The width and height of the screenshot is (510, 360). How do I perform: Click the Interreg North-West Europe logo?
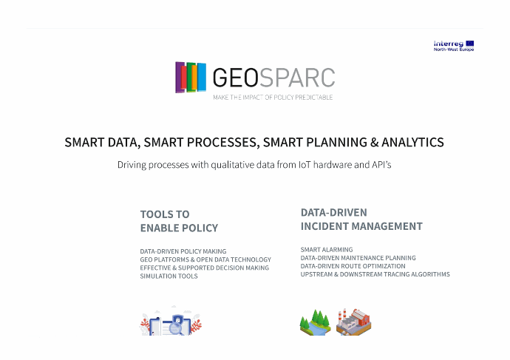pos(454,46)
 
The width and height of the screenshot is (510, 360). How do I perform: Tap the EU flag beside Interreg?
pos(469,44)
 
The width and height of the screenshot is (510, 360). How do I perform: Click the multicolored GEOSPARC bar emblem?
pos(191,78)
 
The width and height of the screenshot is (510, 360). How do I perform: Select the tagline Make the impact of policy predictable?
pos(273,98)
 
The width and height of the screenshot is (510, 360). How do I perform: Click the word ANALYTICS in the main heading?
pos(412,143)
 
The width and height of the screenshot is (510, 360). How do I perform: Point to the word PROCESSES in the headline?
pos(223,143)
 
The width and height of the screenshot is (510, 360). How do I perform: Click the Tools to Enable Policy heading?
pos(179,221)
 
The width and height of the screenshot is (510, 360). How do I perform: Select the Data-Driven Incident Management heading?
pos(361,220)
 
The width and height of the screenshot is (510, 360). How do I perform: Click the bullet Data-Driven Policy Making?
pos(183,251)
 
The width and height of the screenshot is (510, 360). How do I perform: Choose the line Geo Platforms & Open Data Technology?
pos(205,259)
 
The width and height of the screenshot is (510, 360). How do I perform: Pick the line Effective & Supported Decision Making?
pos(205,268)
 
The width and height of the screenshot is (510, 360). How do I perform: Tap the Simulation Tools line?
pos(169,276)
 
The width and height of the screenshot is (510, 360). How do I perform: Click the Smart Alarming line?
pos(327,249)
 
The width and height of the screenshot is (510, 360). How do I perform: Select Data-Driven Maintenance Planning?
pos(358,258)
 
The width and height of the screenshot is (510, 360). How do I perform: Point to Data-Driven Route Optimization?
pos(353,266)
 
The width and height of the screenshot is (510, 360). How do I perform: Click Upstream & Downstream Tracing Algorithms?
pos(375,274)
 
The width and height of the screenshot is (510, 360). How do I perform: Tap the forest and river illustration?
pos(315,322)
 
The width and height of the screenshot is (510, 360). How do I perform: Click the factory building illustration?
pos(353,322)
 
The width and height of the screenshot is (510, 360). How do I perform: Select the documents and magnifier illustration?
pos(171,322)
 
